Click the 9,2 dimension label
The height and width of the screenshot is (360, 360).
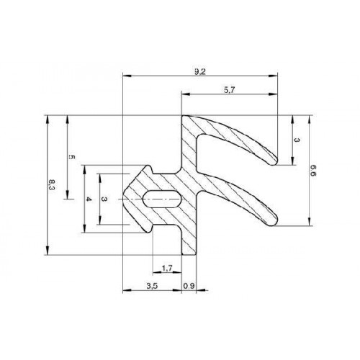(x=200, y=71)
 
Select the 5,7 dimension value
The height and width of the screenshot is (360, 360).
(x=230, y=90)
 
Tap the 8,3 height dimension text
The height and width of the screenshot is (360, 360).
(x=52, y=185)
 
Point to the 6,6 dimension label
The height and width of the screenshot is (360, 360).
(x=313, y=171)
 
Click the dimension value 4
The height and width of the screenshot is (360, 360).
(x=89, y=199)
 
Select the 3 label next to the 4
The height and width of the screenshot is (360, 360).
(x=104, y=199)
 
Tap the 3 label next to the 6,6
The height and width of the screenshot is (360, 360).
(x=297, y=140)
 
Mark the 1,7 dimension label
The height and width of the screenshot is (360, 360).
(x=167, y=268)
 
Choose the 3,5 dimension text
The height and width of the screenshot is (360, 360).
(x=152, y=286)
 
